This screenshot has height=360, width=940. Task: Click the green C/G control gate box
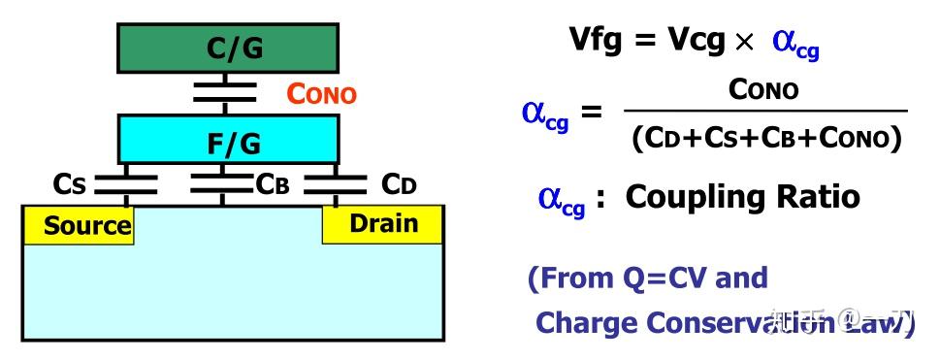pyautogui.click(x=229, y=48)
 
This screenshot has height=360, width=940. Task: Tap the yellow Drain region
pyautogui.click(x=383, y=224)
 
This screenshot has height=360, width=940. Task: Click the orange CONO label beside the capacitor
pyautogui.click(x=321, y=94)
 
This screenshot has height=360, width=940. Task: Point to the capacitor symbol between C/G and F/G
pyautogui.click(x=225, y=92)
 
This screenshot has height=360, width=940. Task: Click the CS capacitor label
pyautogui.click(x=70, y=183)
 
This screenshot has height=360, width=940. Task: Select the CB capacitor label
pyautogui.click(x=273, y=183)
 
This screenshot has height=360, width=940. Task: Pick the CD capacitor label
pyautogui.click(x=399, y=182)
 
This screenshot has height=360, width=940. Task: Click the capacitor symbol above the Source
pyautogui.click(x=127, y=183)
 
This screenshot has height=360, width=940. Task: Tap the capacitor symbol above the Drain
pyautogui.click(x=336, y=183)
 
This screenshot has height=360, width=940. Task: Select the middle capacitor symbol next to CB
pyautogui.click(x=222, y=183)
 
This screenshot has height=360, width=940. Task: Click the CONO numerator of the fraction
pyautogui.click(x=763, y=90)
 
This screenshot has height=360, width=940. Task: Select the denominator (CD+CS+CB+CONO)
pyautogui.click(x=766, y=138)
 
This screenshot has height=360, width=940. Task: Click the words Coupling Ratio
pyautogui.click(x=742, y=197)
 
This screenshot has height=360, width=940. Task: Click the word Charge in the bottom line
pyautogui.click(x=586, y=322)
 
